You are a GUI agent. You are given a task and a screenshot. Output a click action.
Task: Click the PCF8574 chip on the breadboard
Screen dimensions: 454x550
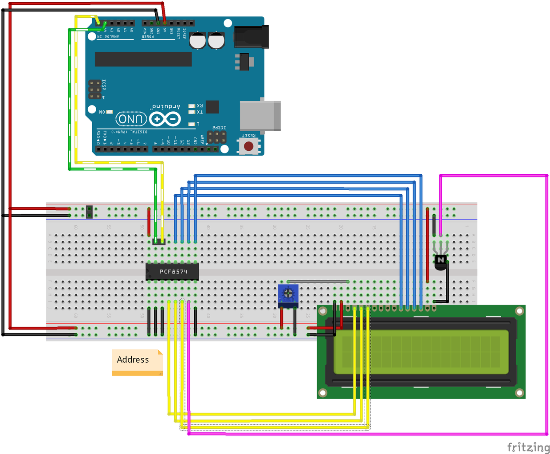pyautogui.click(x=172, y=271)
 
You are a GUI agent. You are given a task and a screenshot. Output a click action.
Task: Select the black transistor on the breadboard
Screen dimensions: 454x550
pyautogui.click(x=440, y=262)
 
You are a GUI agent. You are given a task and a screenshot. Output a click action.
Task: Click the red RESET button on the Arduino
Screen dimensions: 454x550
pyautogui.click(x=249, y=146)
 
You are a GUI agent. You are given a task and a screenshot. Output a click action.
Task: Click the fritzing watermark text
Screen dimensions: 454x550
pyautogui.click(x=528, y=447)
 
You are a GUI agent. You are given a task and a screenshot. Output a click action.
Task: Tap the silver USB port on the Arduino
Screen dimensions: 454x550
pyautogui.click(x=260, y=116)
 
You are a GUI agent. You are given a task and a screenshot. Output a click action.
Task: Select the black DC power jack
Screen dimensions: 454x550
pyautogui.click(x=251, y=37)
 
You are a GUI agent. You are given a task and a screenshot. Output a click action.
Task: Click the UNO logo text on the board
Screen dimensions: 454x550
pyautogui.click(x=131, y=119)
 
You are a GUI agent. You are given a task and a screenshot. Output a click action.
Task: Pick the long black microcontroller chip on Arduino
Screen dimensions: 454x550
pyautogui.click(x=143, y=59)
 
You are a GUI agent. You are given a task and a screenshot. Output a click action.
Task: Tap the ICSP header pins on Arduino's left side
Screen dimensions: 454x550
pyautogui.click(x=94, y=90)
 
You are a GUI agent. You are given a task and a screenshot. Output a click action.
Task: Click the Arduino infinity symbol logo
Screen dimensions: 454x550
pyautogui.click(x=165, y=119)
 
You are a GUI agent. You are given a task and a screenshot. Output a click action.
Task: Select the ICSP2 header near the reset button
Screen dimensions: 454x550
pyautogui.click(x=216, y=137)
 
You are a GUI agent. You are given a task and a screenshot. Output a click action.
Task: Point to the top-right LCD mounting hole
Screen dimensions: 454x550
pyautogui.click(x=519, y=311)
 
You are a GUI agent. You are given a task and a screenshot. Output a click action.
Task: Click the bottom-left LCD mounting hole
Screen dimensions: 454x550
pyautogui.click(x=323, y=392)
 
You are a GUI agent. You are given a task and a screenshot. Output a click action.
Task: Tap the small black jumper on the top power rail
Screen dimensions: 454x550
pyautogui.click(x=89, y=212)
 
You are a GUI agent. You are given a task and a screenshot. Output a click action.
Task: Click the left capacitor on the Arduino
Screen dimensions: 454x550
pyautogui.click(x=198, y=40)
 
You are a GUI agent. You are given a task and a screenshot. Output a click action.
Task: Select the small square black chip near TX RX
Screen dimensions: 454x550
pyautogui.click(x=212, y=107)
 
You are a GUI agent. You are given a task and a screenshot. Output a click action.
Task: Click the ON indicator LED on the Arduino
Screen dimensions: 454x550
pyautogui.click(x=109, y=112)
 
